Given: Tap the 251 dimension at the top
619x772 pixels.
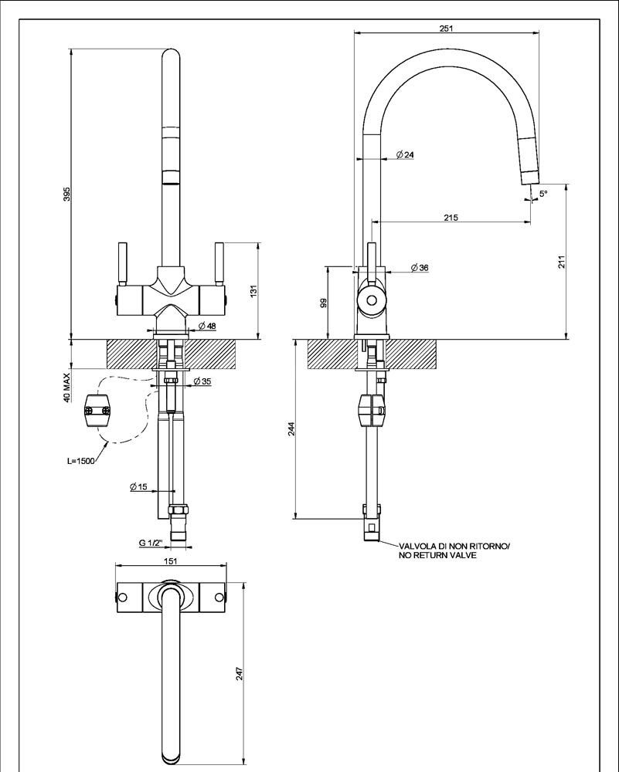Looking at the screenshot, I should tap(446, 27).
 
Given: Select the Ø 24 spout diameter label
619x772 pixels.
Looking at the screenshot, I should tap(405, 155).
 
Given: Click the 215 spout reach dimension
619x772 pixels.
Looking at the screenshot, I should tap(451, 218).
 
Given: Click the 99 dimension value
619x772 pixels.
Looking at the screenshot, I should tap(324, 303).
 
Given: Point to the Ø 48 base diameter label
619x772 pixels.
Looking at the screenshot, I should tap(206, 326).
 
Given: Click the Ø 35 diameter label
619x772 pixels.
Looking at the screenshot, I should tap(202, 381).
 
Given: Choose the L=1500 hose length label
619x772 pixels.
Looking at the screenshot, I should tap(81, 462).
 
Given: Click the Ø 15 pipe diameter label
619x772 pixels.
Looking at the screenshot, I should tap(139, 486).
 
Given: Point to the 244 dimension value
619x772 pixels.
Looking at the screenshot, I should tap(291, 430).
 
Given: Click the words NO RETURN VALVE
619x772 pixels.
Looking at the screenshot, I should tap(437, 556).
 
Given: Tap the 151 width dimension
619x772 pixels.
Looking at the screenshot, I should tap(172, 562).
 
